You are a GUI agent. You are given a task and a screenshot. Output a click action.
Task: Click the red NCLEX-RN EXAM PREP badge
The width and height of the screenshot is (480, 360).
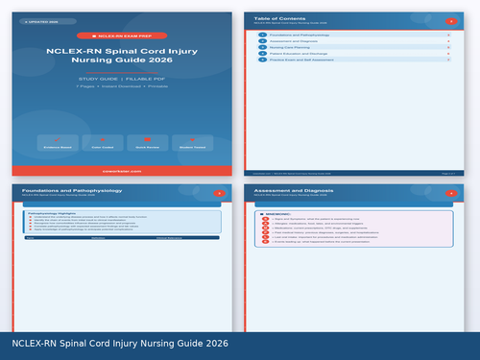click(x=121, y=36)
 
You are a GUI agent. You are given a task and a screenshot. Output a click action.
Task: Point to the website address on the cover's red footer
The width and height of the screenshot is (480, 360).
click(x=121, y=171)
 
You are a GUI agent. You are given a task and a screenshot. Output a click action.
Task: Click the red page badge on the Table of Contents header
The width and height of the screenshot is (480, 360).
click(x=451, y=20)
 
